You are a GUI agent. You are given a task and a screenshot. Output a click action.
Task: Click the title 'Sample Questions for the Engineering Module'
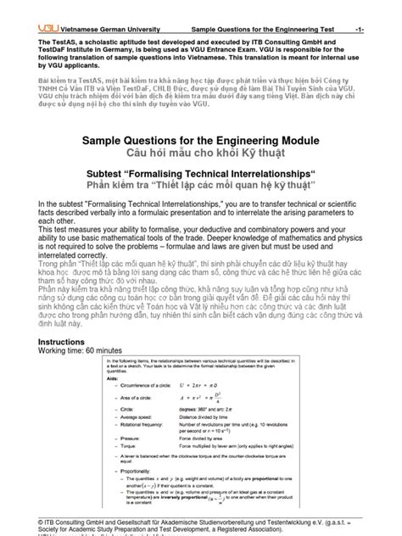pyautogui.click(x=200, y=141)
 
